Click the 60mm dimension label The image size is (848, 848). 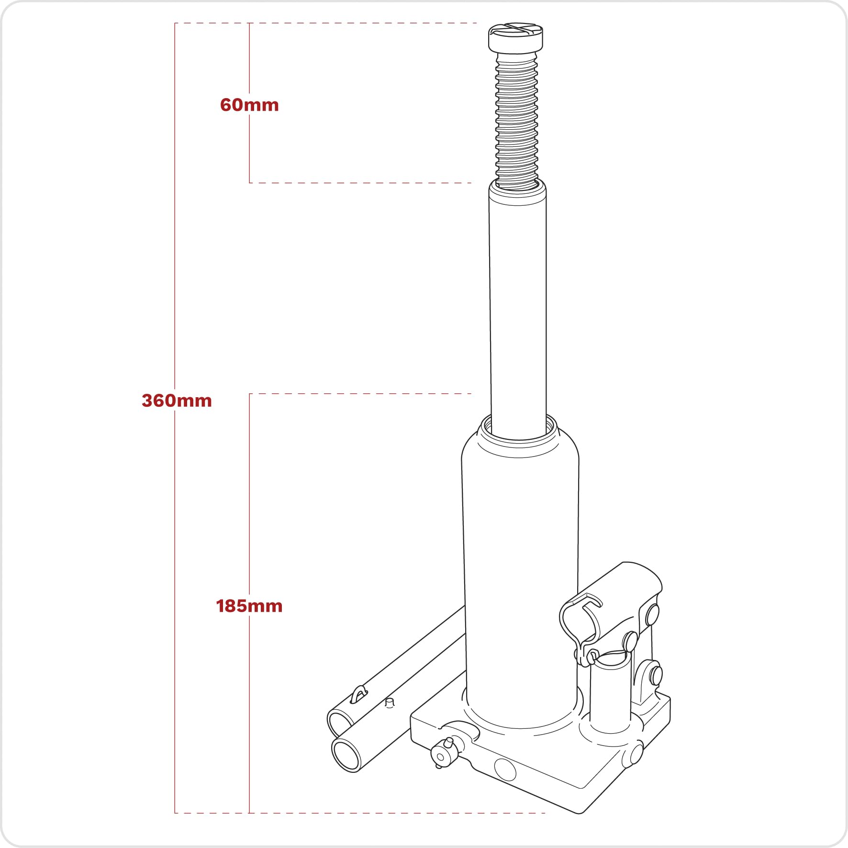click(249, 105)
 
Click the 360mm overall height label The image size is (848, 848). click(177, 401)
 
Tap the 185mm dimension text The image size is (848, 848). click(249, 606)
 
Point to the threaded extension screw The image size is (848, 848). click(516, 120)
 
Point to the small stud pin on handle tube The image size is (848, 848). click(390, 703)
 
